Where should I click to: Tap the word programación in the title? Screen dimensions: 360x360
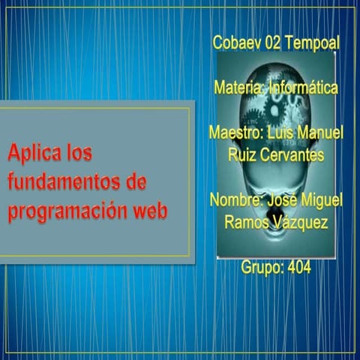tap(67, 211)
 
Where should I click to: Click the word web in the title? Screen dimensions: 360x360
tap(150, 211)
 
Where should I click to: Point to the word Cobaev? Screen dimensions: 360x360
tap(236, 43)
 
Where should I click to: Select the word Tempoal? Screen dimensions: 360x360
tap(311, 43)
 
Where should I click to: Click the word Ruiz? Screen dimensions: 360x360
tap(243, 154)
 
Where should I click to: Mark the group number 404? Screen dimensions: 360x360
tap(297, 267)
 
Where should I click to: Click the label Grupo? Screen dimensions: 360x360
tap(261, 267)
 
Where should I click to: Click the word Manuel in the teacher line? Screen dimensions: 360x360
tap(319, 133)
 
